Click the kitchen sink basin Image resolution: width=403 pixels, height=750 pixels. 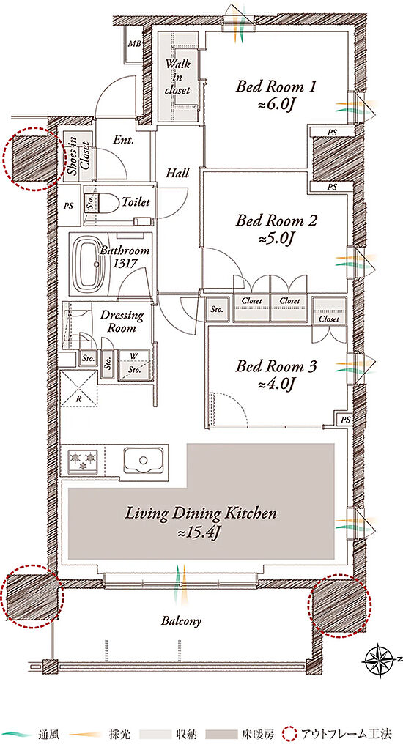[144, 460]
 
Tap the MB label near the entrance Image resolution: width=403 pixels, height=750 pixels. [135, 44]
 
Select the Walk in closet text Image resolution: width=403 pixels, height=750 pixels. [177, 76]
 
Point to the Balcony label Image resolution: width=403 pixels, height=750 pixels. [181, 621]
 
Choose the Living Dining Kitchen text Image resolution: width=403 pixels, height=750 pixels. [201, 514]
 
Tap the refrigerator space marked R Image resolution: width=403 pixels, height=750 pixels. [78, 388]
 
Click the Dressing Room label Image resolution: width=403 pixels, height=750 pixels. [122, 322]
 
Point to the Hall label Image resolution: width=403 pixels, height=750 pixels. [177, 173]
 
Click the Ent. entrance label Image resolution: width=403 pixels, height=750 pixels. [124, 140]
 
